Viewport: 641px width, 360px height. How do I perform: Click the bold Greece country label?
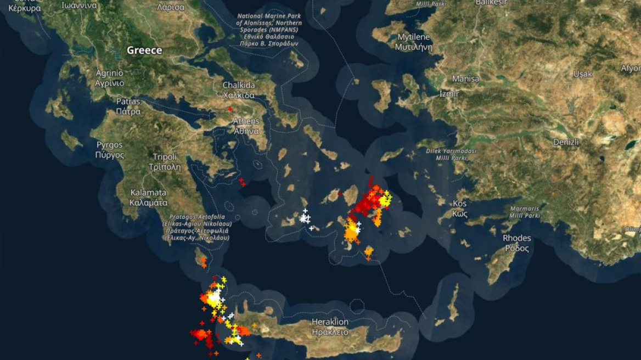tap(144, 50)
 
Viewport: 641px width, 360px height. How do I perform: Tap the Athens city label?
tap(246, 126)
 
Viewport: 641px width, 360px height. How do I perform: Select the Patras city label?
tap(128, 106)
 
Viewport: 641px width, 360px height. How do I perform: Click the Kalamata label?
tap(148, 198)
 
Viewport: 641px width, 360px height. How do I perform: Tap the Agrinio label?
tap(110, 78)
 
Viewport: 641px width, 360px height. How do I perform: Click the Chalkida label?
tap(238, 90)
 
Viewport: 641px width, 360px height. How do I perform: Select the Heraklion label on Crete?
tap(330, 327)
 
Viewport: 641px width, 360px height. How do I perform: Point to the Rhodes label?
tap(516, 243)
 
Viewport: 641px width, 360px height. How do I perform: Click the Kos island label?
tap(459, 209)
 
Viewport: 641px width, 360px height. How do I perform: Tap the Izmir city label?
tap(449, 94)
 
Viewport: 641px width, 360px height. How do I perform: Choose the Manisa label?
tap(465, 78)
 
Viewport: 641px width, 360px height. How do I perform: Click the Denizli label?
tap(565, 142)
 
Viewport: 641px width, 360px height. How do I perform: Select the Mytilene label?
tap(413, 42)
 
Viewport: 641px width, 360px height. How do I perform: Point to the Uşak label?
tap(582, 74)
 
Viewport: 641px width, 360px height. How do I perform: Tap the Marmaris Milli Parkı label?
tap(525, 212)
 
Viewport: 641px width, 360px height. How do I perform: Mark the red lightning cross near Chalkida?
tap(229, 109)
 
